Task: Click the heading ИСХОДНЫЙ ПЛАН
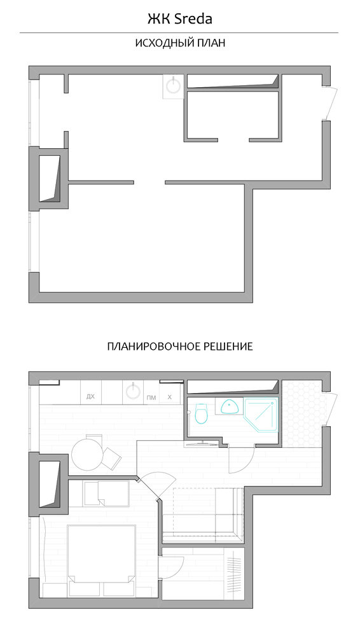(180, 43)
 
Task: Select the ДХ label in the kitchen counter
(90, 397)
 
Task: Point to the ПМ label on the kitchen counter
(151, 397)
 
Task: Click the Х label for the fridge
(170, 397)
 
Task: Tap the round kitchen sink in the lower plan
(133, 391)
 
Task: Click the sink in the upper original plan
(174, 86)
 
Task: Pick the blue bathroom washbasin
(230, 406)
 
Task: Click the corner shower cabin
(261, 420)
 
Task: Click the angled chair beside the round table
(111, 457)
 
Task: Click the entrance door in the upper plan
(331, 104)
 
